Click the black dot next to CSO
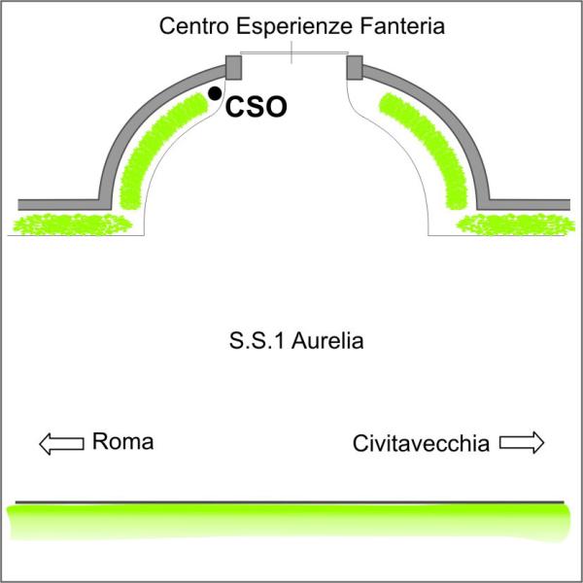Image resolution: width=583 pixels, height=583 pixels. (x=215, y=93)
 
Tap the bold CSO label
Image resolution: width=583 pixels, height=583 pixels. (x=257, y=107)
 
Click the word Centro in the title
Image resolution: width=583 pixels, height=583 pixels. (x=193, y=27)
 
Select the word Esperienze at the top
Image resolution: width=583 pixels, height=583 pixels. (x=294, y=27)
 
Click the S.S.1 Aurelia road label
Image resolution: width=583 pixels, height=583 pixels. (x=296, y=341)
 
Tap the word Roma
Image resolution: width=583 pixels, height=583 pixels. (x=122, y=442)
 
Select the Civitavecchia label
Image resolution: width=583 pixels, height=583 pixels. (x=421, y=444)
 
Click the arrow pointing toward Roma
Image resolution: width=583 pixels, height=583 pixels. (x=61, y=444)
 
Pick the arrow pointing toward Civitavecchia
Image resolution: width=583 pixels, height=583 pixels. (x=522, y=442)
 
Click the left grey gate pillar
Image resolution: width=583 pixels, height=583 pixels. (x=234, y=68)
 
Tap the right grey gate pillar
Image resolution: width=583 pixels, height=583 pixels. (x=355, y=68)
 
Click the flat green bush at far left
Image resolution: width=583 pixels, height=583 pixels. (x=73, y=224)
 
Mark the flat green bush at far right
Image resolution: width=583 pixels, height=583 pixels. (x=516, y=224)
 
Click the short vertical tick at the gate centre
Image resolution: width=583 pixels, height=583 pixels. (x=291, y=52)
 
